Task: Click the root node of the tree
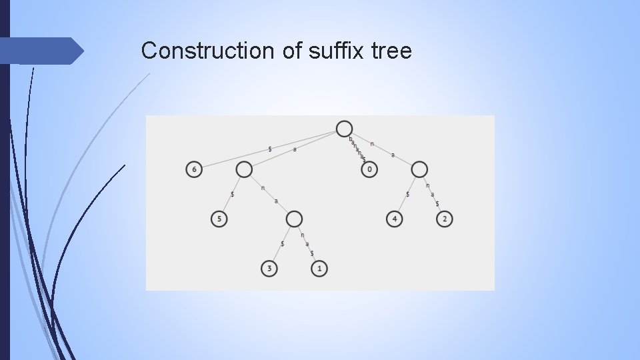pos(344,129)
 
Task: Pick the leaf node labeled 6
pos(194,170)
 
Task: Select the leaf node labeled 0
pos(370,170)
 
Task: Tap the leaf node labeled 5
pos(219,219)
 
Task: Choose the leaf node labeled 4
pos(394,219)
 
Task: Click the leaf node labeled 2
pos(445,219)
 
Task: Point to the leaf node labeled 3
pos(269,269)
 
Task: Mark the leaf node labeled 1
pos(319,269)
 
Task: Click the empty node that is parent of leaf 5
pos(244,170)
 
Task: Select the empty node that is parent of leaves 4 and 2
pos(419,170)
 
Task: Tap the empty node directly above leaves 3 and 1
pos(294,219)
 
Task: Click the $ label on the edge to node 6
pos(269,149)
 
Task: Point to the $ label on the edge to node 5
pos(231,194)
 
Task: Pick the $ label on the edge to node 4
pos(407,194)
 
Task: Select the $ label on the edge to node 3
pos(282,244)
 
